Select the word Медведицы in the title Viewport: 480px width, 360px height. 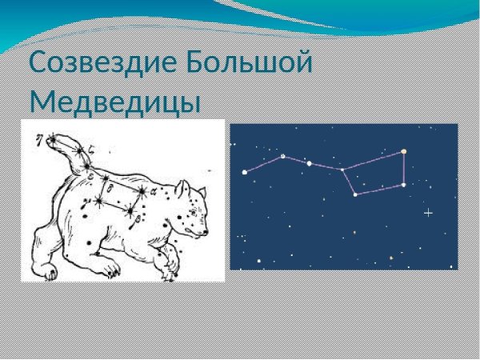pyautogui.click(x=114, y=102)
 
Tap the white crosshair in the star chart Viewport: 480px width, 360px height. pyautogui.click(x=428, y=213)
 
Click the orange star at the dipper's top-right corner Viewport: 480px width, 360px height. pyautogui.click(x=404, y=151)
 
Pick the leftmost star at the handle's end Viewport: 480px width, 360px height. pyautogui.click(x=245, y=172)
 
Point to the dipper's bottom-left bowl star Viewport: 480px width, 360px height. pyautogui.click(x=355, y=194)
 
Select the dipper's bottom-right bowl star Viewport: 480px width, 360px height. pyautogui.click(x=403, y=185)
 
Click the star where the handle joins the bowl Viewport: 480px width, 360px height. pyautogui.click(x=342, y=169)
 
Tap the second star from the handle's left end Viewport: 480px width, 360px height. pyautogui.click(x=282, y=156)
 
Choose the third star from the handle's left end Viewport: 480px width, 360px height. pyautogui.click(x=309, y=163)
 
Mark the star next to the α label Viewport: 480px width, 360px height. pyautogui.click(x=142, y=191)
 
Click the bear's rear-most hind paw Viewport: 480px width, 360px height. pyautogui.click(x=50, y=273)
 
